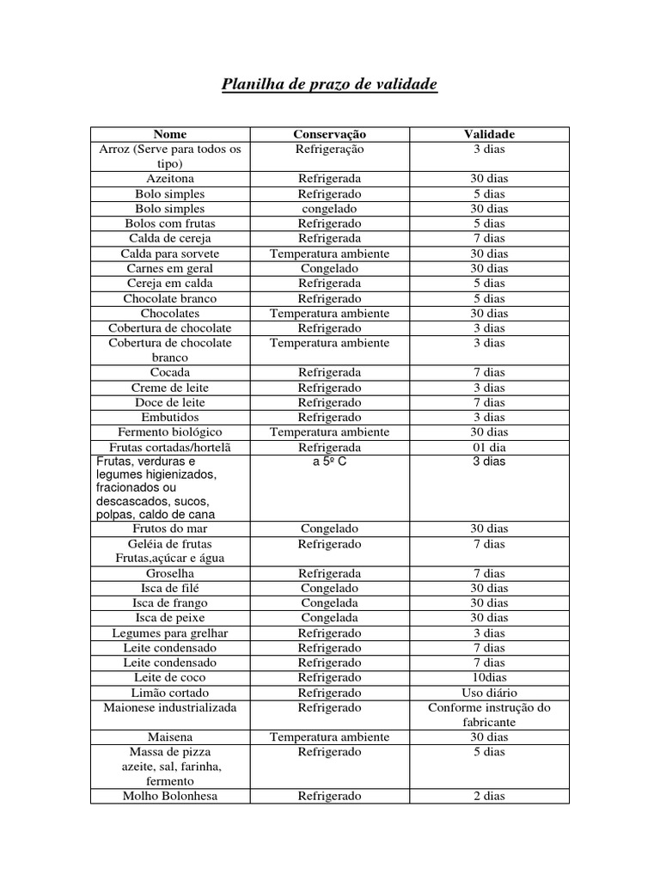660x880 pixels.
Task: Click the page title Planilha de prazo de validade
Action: click(x=330, y=85)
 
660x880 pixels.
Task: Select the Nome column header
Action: click(x=169, y=134)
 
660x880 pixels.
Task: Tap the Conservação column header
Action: click(x=330, y=134)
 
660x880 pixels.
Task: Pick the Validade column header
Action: click(x=489, y=134)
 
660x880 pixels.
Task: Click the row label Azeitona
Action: click(x=169, y=179)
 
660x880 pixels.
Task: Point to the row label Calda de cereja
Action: click(x=169, y=238)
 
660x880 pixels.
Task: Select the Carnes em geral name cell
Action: click(x=169, y=268)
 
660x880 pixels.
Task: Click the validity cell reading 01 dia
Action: click(x=489, y=448)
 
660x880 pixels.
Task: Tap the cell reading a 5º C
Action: click(x=330, y=461)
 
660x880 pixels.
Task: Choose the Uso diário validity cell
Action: click(x=489, y=693)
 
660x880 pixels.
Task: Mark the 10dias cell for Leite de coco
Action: click(x=489, y=678)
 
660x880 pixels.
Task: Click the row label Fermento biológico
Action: click(x=169, y=432)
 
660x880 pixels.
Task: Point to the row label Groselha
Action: click(x=169, y=573)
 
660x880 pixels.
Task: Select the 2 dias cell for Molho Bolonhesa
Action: click(x=489, y=796)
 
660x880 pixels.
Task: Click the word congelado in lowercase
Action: click(x=330, y=209)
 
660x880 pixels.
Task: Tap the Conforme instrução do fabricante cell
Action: click(x=489, y=715)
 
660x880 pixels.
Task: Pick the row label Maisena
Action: click(x=169, y=737)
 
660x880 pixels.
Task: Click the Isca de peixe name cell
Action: click(x=169, y=618)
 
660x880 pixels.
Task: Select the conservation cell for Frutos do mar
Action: click(x=330, y=529)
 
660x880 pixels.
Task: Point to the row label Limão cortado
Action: click(x=169, y=693)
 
